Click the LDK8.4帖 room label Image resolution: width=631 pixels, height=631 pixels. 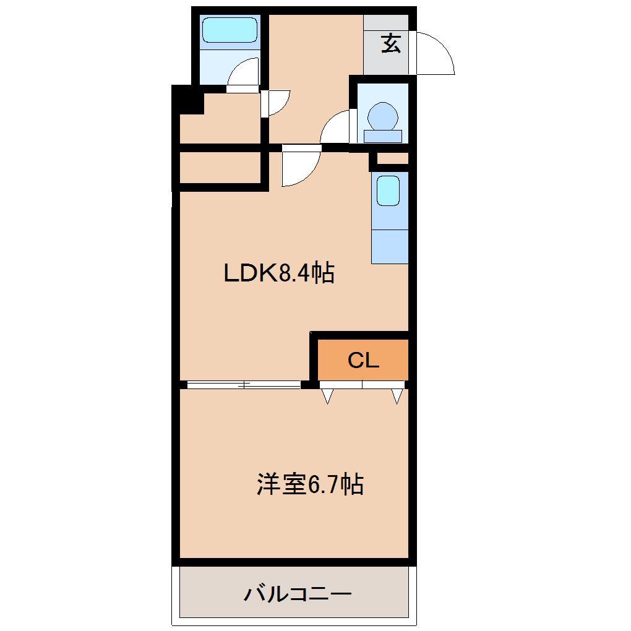point(279,272)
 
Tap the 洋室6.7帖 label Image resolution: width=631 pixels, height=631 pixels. point(309,484)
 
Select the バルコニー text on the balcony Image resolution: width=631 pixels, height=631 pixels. point(297,595)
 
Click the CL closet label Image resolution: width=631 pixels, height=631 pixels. point(363,360)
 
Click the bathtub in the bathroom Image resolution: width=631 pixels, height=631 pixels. point(230,30)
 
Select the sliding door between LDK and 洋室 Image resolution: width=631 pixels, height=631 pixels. point(244,385)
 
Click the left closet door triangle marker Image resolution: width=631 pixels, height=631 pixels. point(327,396)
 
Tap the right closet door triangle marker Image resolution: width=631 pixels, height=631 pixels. point(397,396)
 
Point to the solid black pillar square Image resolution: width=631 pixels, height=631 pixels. point(188,100)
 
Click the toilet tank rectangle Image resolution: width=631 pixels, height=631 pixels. point(383,136)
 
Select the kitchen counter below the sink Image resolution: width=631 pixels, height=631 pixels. point(390,246)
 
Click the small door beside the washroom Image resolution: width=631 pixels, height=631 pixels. point(275,103)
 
